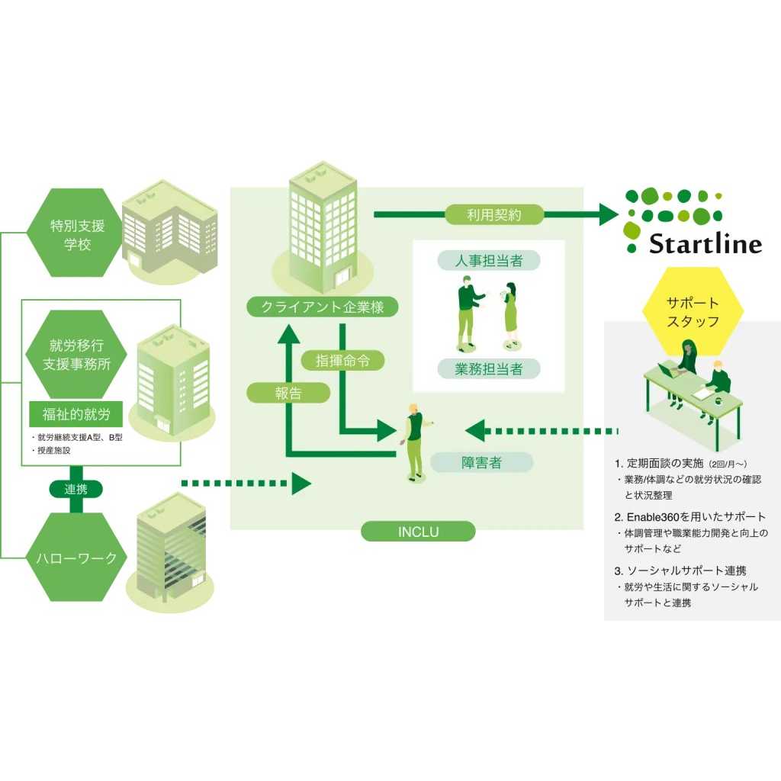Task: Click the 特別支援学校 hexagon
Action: click(76, 233)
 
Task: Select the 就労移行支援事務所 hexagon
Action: click(76, 354)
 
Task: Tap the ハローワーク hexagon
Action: click(76, 558)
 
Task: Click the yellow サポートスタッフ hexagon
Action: click(693, 311)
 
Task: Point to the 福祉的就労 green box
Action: click(76, 414)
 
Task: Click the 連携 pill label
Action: click(76, 489)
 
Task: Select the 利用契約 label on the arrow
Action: click(493, 214)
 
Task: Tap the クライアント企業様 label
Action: click(323, 307)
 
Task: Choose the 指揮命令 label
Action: click(342, 361)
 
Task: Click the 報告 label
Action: click(288, 393)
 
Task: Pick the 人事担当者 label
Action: click(489, 261)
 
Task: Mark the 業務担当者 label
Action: click(489, 368)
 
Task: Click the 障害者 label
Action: click(481, 462)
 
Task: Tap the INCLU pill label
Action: click(418, 532)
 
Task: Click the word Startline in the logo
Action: click(705, 244)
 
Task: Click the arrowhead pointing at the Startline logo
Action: click(608, 214)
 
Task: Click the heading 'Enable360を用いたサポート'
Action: click(689, 517)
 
